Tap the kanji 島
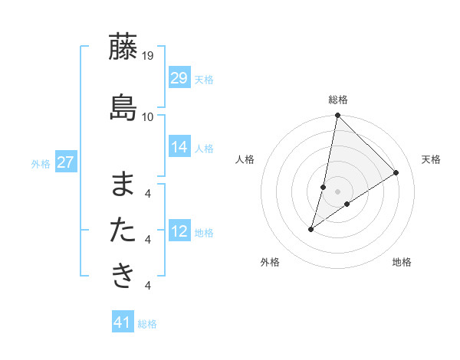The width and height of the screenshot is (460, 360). click(123, 107)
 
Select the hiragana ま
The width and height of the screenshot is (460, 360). click(123, 185)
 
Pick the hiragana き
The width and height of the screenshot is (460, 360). click(123, 275)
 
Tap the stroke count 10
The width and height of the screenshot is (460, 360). click(148, 116)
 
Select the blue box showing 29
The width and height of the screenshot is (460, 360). click(179, 78)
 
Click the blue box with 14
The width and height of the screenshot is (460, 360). click(179, 147)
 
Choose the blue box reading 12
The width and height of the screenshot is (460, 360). click(179, 231)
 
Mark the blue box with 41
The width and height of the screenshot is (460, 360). click(123, 322)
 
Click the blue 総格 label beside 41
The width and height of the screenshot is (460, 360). click(147, 324)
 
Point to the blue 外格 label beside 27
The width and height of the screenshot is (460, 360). click(41, 163)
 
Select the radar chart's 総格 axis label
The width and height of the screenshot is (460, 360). click(338, 100)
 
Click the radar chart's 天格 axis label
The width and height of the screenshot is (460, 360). click(431, 159)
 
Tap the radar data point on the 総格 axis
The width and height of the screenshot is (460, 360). click(338, 116)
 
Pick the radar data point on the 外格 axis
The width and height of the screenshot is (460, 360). click(311, 229)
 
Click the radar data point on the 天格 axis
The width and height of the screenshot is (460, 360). click(396, 173)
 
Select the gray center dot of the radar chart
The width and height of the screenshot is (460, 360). click(338, 191)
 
